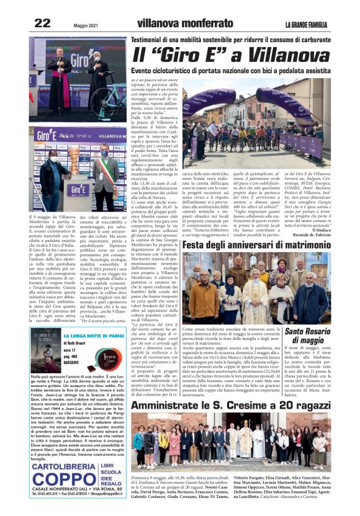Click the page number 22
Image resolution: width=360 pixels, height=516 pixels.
click(x=42, y=23)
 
